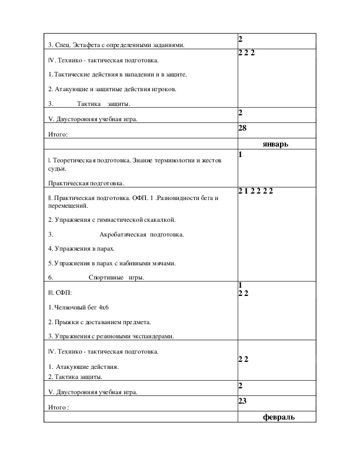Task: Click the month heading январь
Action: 275,144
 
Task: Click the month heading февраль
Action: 278,417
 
